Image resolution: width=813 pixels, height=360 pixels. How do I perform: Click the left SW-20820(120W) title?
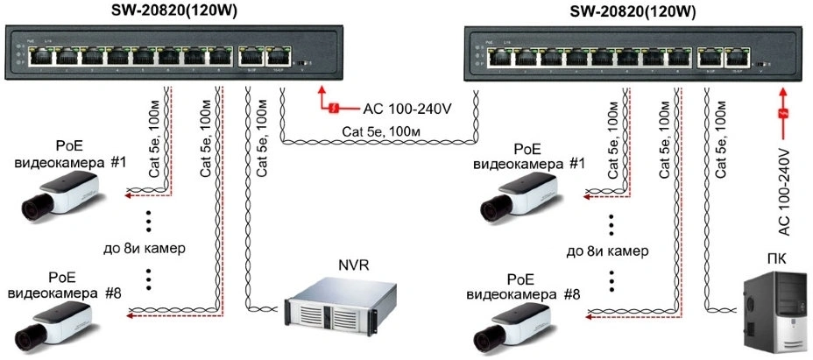pos(175,11)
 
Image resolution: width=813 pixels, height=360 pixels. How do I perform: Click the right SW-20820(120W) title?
pos(633,11)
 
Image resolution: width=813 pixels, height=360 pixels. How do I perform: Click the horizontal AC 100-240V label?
pos(406,109)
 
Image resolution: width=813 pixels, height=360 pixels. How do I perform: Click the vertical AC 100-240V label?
pos(785,191)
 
